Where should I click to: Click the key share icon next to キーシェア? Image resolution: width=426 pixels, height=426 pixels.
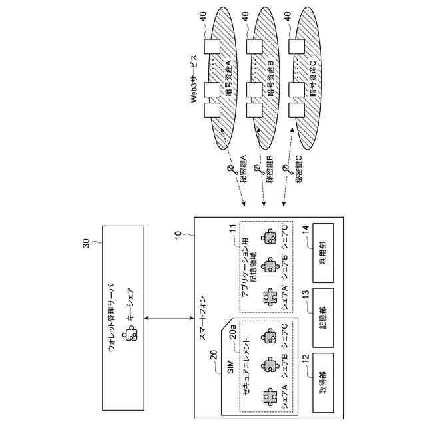(132, 333)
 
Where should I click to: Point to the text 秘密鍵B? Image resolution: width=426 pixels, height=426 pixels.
(272, 170)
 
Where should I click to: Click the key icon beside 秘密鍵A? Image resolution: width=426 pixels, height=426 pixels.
(229, 172)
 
